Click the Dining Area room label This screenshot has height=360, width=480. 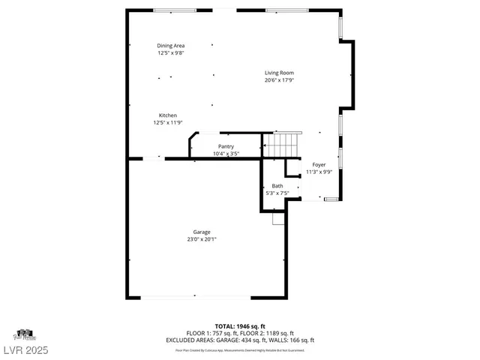(x=170, y=46)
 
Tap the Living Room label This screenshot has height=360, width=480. (x=278, y=73)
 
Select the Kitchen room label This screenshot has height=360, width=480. (x=167, y=115)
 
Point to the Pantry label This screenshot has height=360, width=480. (x=226, y=146)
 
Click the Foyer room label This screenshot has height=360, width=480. (x=319, y=164)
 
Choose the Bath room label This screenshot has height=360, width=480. (x=277, y=186)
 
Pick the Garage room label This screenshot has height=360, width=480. (x=201, y=232)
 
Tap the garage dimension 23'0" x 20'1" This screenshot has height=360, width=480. (x=202, y=239)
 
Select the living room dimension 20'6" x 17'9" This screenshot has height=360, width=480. (x=278, y=80)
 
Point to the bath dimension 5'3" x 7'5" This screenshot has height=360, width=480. (x=277, y=193)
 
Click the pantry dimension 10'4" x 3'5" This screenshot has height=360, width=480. (x=226, y=154)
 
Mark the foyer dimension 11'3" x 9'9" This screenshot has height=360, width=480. (x=319, y=172)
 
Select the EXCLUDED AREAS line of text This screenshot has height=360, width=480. (x=240, y=340)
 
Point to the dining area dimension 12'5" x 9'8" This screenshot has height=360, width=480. (x=170, y=53)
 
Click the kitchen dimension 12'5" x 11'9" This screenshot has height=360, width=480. (x=167, y=122)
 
